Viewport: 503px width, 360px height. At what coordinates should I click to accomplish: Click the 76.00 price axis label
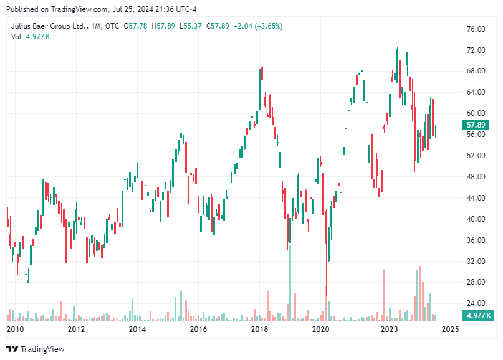point(476,29)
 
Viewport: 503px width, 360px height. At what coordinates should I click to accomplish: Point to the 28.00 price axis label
point(476,282)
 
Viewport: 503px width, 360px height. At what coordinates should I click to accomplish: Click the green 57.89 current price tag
point(478,125)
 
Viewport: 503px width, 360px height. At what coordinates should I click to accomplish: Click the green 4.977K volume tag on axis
point(478,316)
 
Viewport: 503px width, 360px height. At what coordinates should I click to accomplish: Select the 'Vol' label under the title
point(16,37)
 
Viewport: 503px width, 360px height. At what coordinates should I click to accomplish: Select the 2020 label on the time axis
point(320,329)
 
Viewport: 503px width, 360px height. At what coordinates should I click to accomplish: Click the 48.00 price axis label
point(476,176)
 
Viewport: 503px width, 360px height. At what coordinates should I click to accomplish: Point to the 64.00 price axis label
point(476,92)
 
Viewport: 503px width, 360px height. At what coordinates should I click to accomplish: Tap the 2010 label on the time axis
point(15,329)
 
